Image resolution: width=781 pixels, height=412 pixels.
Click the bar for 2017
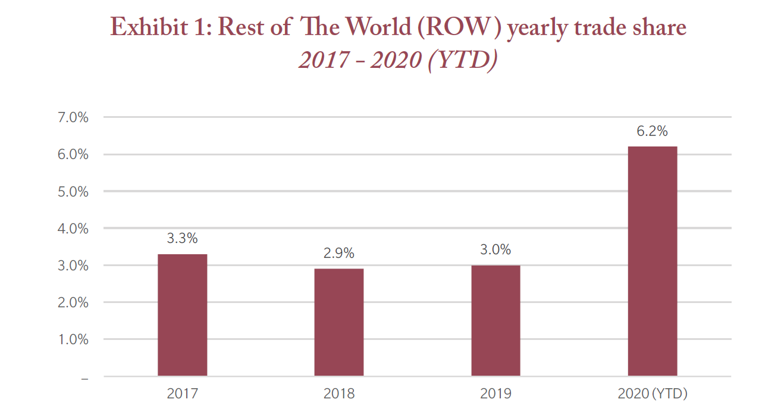pyautogui.click(x=182, y=315)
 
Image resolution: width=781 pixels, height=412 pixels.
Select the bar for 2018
pyautogui.click(x=338, y=322)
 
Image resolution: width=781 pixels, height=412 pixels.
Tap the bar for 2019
pyautogui.click(x=495, y=320)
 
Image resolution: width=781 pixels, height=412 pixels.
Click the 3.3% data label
pyautogui.click(x=182, y=239)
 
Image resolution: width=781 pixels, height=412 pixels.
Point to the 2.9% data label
pyautogui.click(x=338, y=253)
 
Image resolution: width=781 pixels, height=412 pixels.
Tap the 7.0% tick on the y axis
pyautogui.click(x=74, y=118)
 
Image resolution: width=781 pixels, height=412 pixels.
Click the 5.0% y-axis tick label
pyautogui.click(x=74, y=192)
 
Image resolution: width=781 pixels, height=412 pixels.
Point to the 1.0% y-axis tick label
pyautogui.click(x=74, y=339)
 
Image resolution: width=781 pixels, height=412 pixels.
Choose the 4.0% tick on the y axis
pyautogui.click(x=74, y=229)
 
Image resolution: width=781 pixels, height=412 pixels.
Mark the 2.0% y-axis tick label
pyautogui.click(x=74, y=302)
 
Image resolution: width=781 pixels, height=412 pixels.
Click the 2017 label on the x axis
pyautogui.click(x=182, y=394)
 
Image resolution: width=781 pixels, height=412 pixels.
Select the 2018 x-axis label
pyautogui.click(x=338, y=394)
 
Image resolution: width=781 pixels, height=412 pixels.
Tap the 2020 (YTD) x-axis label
pyautogui.click(x=652, y=394)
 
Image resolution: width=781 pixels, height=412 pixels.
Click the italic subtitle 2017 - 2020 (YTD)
pyautogui.click(x=397, y=60)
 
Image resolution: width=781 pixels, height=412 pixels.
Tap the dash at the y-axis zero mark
pyautogui.click(x=84, y=377)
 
